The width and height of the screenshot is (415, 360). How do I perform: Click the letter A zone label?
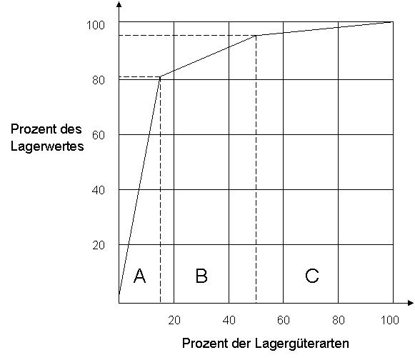pos(139,276)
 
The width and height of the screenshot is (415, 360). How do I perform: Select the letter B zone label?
pos(201,276)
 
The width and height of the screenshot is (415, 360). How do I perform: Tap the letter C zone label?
pos(312,276)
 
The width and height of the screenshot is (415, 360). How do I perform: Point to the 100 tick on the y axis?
pos(96,25)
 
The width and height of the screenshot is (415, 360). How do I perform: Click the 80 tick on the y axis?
pos(99,80)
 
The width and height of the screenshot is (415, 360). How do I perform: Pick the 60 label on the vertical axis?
pos(99,135)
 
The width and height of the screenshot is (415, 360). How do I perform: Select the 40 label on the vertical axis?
pos(99,190)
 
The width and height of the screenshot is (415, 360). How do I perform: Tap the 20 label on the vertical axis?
pos(99,246)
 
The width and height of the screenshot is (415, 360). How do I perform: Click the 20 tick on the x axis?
pos(174,320)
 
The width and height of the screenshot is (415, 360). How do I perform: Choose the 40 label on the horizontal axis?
pos(229,320)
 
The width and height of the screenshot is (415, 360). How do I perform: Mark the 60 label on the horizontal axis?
pos(284,320)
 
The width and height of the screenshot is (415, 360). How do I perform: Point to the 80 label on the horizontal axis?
pos(339,320)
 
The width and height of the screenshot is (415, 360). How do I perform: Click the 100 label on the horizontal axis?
pos(390,320)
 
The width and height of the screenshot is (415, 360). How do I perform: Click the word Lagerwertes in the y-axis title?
pos(47,146)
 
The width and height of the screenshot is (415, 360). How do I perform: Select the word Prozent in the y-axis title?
pos(31,129)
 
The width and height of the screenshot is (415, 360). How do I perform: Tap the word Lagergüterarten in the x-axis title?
pos(302,344)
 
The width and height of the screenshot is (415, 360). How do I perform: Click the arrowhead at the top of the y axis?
pos(119,4)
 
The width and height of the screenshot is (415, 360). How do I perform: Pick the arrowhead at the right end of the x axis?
pos(411,303)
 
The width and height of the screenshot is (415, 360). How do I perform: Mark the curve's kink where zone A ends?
pos(160,76)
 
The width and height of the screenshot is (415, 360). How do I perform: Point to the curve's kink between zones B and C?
pos(256,35)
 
